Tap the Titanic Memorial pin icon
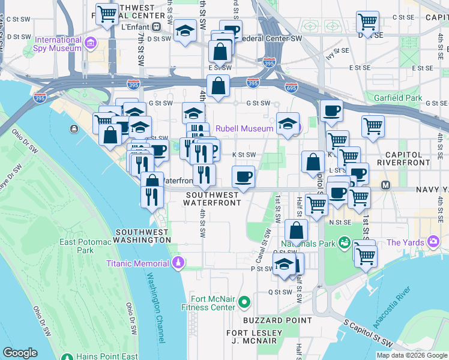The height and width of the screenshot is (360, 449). [x=178, y=263]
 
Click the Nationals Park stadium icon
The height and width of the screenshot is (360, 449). [x=344, y=243]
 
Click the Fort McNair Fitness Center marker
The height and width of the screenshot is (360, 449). [x=244, y=301]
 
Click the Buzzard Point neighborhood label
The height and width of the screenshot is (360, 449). [x=270, y=320]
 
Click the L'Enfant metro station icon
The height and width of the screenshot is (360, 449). [x=156, y=27]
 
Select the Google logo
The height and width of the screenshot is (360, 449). [x=20, y=353]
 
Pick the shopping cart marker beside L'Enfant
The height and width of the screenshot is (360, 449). [x=107, y=14]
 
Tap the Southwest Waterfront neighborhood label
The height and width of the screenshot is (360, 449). [x=213, y=199]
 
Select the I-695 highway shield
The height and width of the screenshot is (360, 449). [x=292, y=87]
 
